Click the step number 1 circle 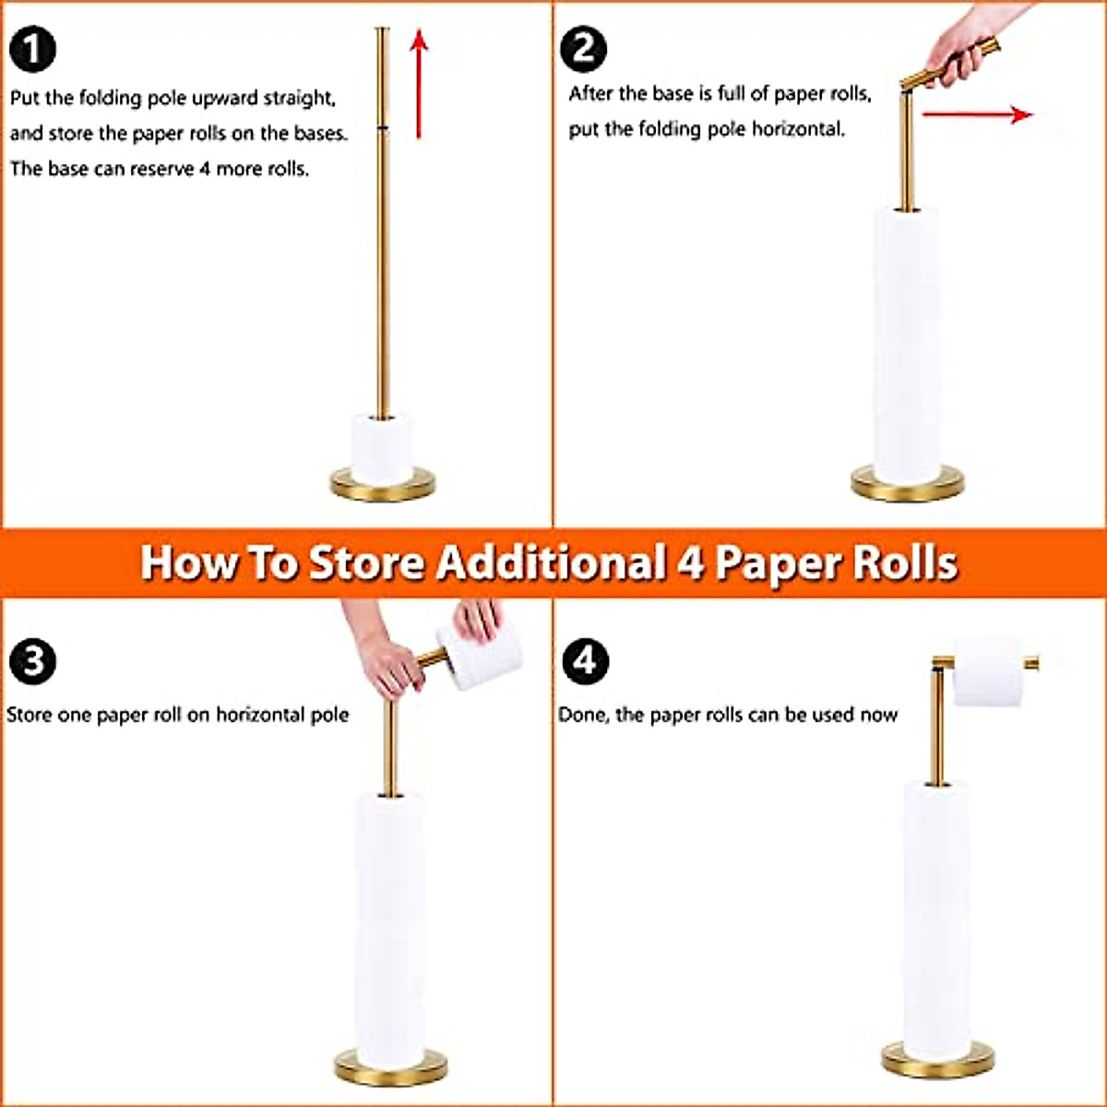point(33,49)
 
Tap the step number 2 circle point(585,49)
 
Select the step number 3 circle point(33,661)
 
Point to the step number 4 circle point(585,661)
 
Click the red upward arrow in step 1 point(419,83)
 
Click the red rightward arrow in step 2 point(978,114)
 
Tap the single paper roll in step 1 point(382,449)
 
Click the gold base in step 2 point(907,485)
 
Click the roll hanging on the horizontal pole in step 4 point(989,673)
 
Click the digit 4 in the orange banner point(690,563)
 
